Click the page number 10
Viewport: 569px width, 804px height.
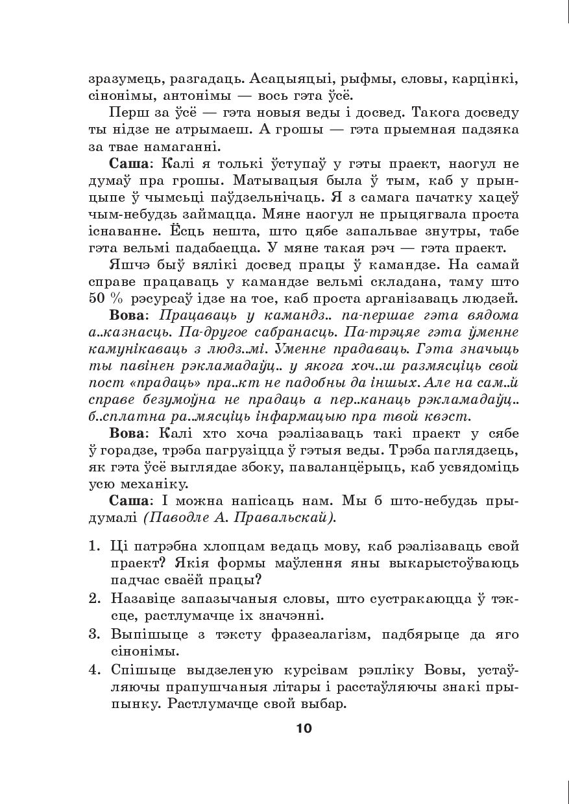coord(304,727)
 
